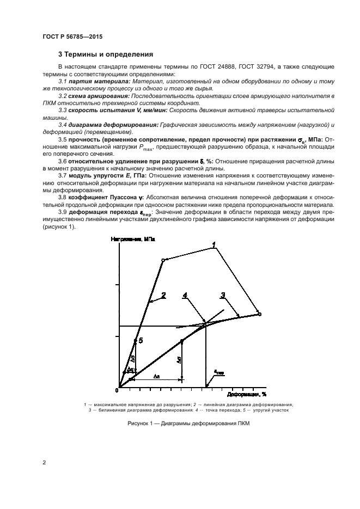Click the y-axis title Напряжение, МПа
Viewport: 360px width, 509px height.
tap(132, 239)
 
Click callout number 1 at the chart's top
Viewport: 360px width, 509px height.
tap(214, 243)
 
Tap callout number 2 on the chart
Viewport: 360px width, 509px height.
tap(163, 295)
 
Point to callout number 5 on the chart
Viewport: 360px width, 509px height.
tap(141, 340)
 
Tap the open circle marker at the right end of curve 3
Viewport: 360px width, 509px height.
tap(259, 314)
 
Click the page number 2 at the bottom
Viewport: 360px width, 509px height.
tap(44, 463)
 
